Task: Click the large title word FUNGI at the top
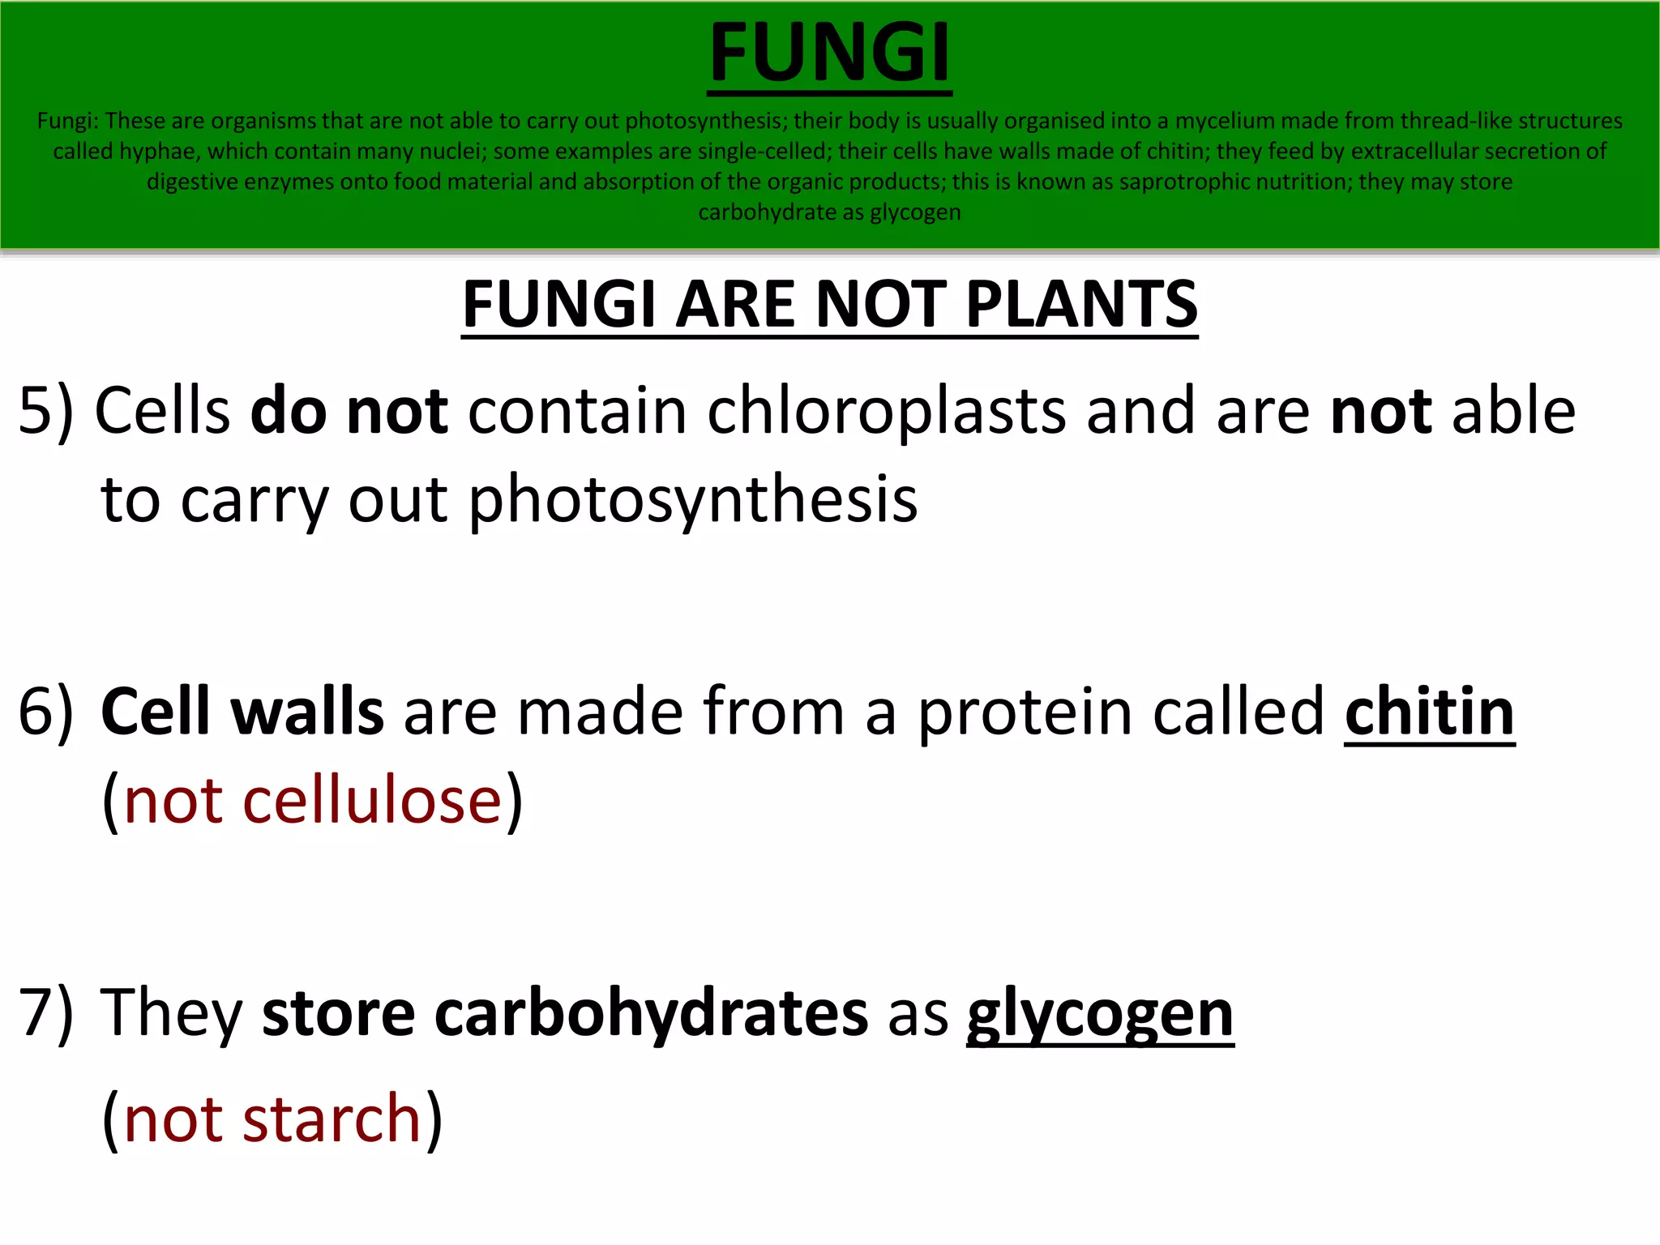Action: click(x=829, y=53)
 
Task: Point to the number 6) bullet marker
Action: click(x=45, y=712)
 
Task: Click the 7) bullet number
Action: click(x=45, y=1012)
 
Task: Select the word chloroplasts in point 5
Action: click(x=886, y=411)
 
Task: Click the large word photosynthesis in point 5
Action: click(x=693, y=499)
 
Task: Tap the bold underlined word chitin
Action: click(x=1429, y=712)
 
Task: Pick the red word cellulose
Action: click(x=373, y=801)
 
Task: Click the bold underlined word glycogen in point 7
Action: click(x=1100, y=1014)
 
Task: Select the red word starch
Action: click(x=332, y=1119)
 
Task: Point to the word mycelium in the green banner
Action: click(x=1225, y=121)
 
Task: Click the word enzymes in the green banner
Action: click(x=289, y=182)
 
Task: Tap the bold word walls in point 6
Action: click(x=307, y=712)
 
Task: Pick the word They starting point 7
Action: click(x=171, y=1012)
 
